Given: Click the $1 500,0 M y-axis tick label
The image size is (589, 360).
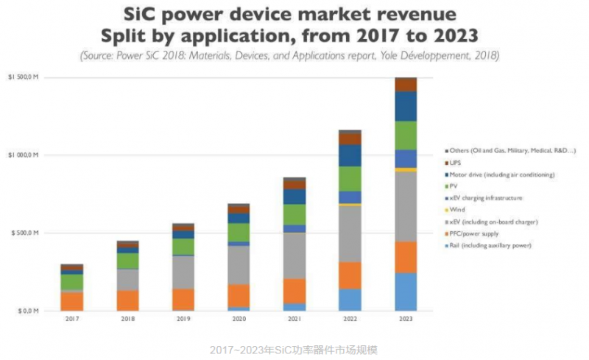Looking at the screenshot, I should coord(24,77).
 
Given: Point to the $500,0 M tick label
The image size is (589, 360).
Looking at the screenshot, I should coord(25,233).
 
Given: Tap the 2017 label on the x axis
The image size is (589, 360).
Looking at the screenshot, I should coord(71,320).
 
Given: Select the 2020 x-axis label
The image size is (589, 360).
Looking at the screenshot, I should coord(238,320).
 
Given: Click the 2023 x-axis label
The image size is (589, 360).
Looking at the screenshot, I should coord(405,320).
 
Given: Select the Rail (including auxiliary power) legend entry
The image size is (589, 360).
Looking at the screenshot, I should coord(490,245).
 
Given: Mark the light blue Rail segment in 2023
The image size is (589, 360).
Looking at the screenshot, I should coord(405,292).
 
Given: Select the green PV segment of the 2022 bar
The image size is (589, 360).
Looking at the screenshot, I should coord(350,179).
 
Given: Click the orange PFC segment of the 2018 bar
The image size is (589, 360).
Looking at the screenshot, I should coord(127,300).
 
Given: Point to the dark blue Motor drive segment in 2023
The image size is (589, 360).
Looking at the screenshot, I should coord(405,106).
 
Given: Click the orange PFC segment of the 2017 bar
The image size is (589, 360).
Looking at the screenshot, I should coord(71,301).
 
